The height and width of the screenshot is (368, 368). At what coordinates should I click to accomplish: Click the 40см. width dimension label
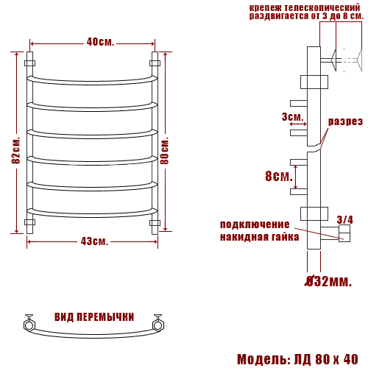100,42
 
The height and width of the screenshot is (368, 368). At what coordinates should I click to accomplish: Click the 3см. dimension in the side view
292,118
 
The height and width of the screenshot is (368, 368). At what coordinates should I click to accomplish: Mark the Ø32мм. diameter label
329,281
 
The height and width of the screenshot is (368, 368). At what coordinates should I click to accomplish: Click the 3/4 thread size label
344,219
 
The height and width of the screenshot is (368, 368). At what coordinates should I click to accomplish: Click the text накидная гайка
259,237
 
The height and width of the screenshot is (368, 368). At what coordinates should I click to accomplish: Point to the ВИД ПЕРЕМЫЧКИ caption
94,317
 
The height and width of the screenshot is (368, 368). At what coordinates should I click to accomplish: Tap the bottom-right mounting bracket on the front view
155,222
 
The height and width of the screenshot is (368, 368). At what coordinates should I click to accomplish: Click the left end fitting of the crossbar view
29,322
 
